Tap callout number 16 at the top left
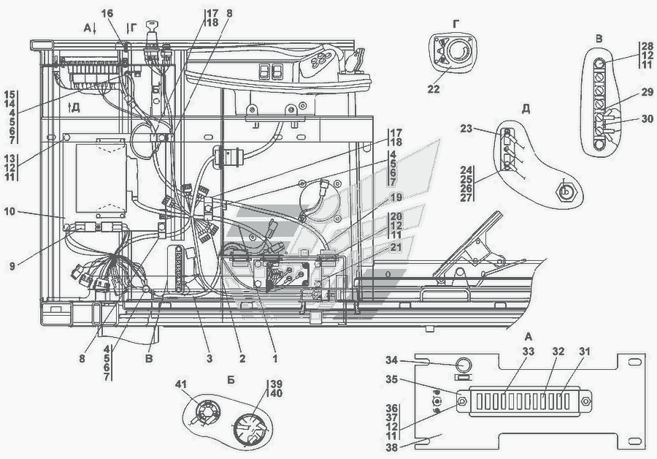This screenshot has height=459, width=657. [108, 14]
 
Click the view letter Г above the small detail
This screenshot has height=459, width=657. [456, 23]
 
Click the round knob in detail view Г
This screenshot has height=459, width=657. [459, 51]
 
